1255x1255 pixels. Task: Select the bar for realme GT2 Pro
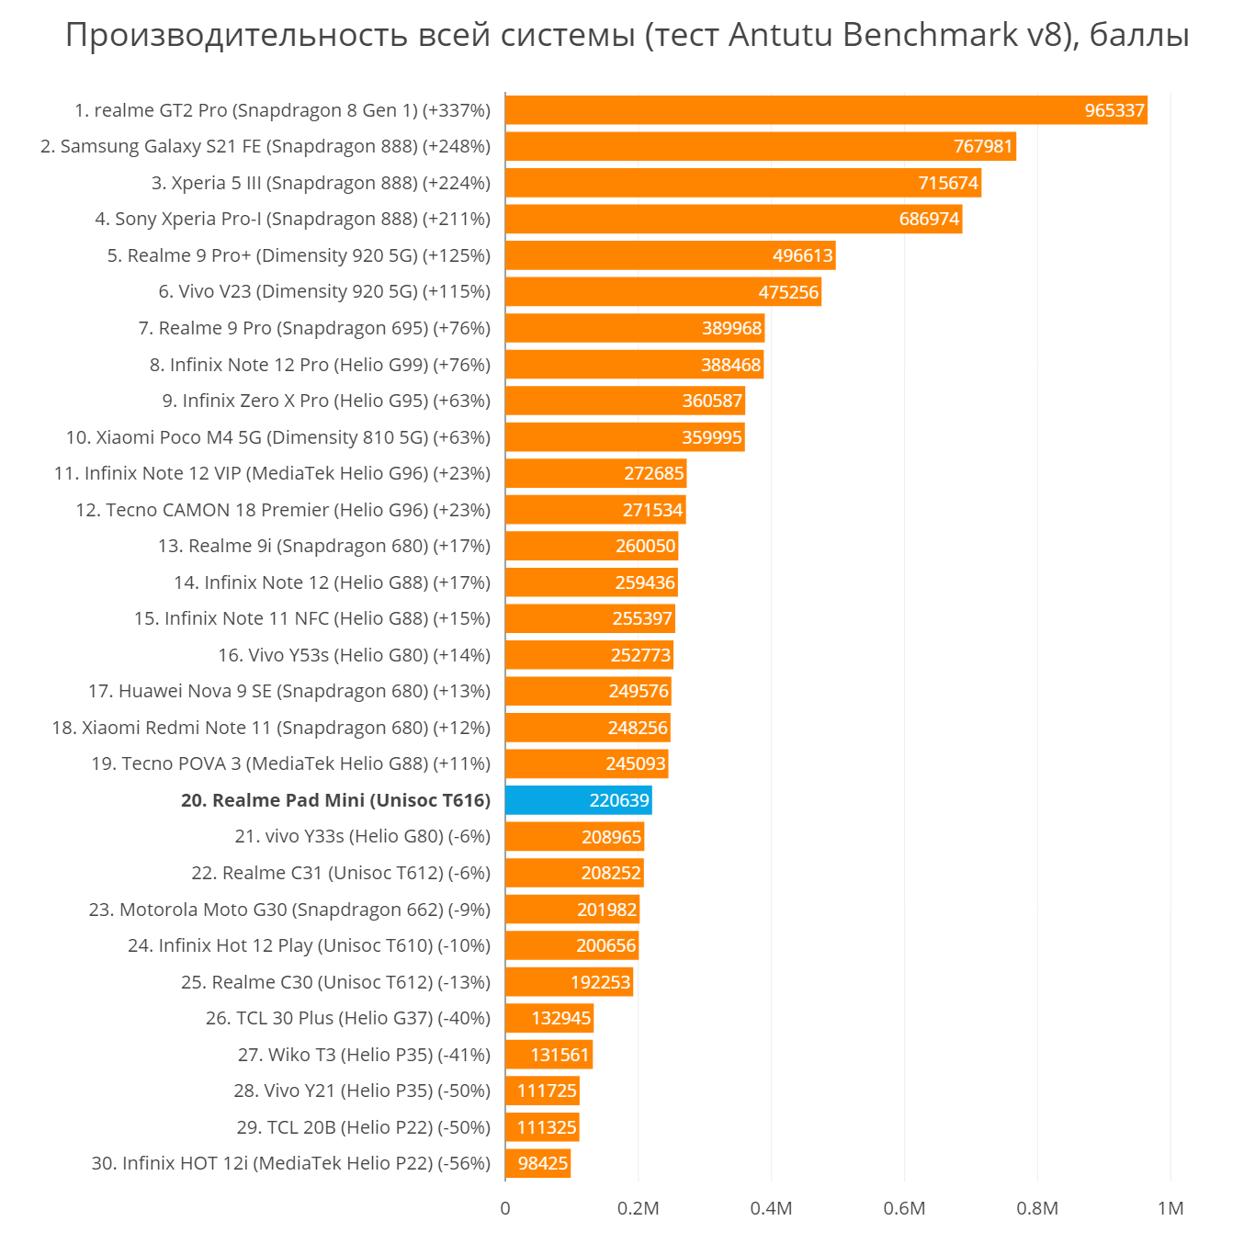point(825,110)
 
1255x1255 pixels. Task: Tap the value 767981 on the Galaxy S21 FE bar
point(983,147)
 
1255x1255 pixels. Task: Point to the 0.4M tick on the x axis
point(771,1208)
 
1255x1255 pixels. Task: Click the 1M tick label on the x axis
point(1170,1208)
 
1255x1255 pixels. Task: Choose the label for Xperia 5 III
point(321,183)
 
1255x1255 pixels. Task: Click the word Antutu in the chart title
point(781,35)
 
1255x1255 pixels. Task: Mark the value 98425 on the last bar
point(543,1164)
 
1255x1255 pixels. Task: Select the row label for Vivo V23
point(324,292)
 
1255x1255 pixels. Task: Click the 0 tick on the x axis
point(505,1208)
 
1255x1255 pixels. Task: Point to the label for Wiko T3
point(364,1055)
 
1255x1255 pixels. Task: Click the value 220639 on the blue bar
point(619,801)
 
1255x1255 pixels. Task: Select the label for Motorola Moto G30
point(289,910)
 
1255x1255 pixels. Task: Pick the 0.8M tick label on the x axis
point(1037,1208)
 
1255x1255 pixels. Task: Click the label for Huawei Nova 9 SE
point(289,691)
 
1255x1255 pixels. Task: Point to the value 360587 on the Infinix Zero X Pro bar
point(712,401)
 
